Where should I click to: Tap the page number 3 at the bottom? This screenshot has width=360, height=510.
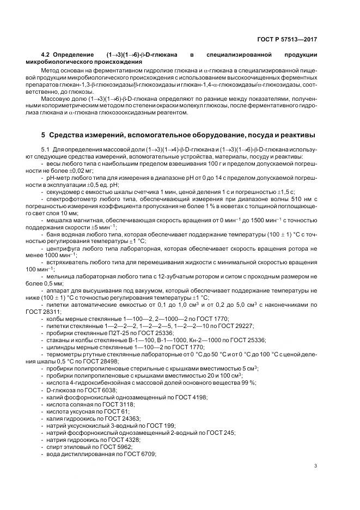pos(316,465)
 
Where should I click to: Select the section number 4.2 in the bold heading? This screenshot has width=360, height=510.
pos(46,56)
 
